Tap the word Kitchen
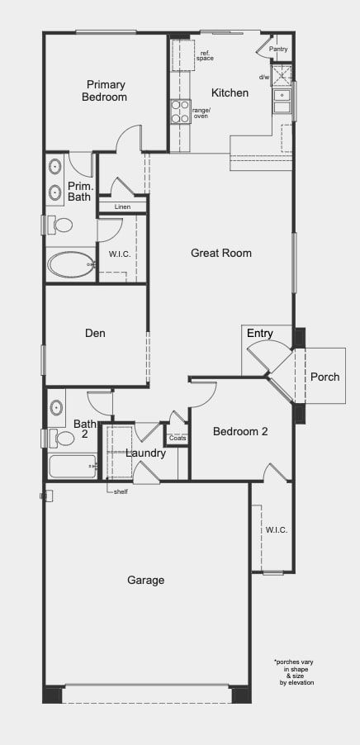tap(230, 93)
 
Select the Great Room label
tap(221, 253)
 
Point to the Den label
tap(96, 333)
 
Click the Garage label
tap(146, 580)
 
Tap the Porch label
tap(324, 377)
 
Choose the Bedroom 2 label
tap(240, 431)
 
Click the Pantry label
tap(278, 49)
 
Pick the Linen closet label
tap(122, 206)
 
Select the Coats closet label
tap(178, 438)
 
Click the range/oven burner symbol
tap(181, 112)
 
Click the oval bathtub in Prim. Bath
tap(71, 264)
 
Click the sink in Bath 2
tap(56, 408)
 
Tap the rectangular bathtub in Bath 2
tap(72, 467)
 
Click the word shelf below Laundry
tap(121, 491)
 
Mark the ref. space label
tap(205, 56)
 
